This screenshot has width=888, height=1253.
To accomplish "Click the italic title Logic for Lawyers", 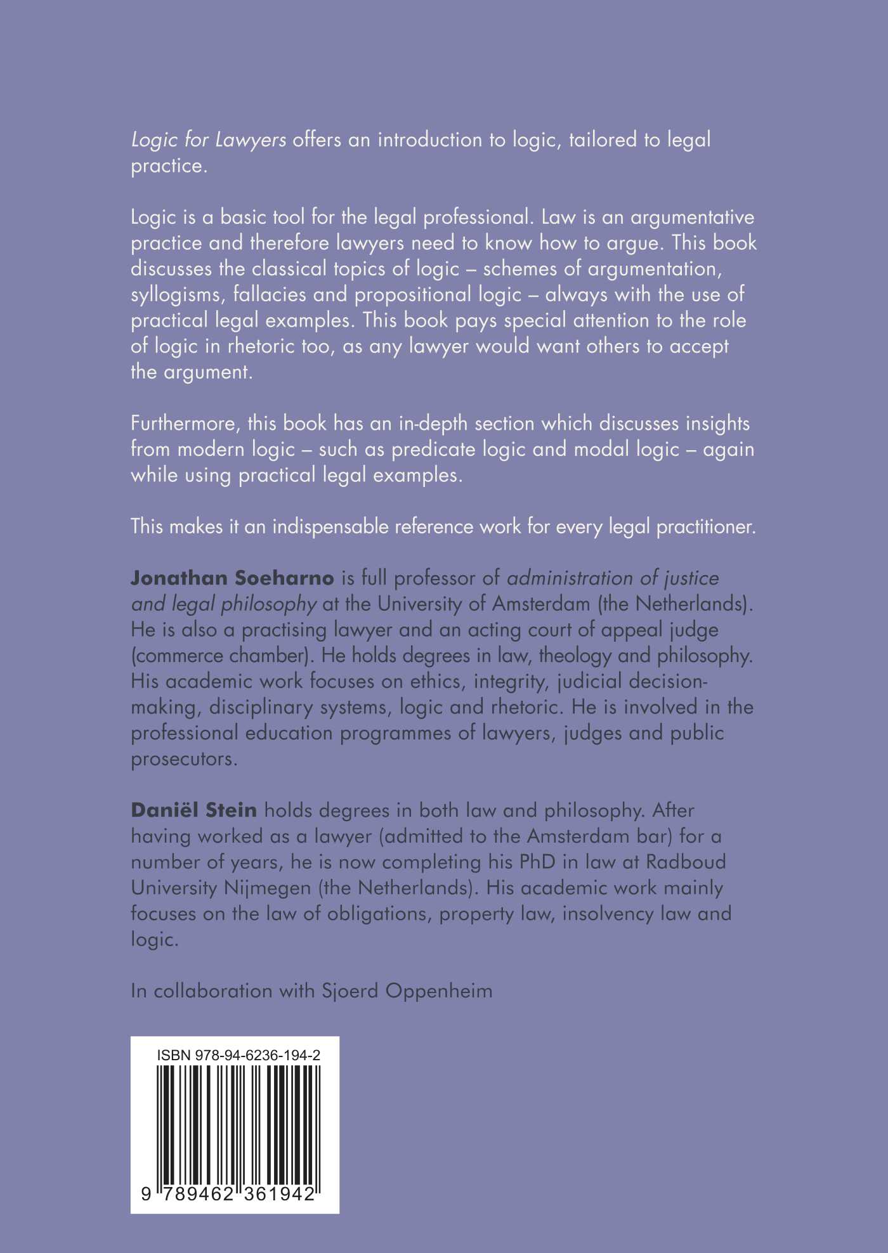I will tap(209, 140).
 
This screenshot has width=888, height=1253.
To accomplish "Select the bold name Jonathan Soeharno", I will tap(232, 578).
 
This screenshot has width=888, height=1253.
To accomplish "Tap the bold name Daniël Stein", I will tap(193, 810).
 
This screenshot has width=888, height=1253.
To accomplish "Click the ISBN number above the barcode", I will tap(238, 1055).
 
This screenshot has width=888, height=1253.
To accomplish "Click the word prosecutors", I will tap(184, 758).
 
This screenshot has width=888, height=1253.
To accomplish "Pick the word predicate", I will tap(433, 450).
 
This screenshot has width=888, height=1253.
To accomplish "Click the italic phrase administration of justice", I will tap(613, 578).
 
